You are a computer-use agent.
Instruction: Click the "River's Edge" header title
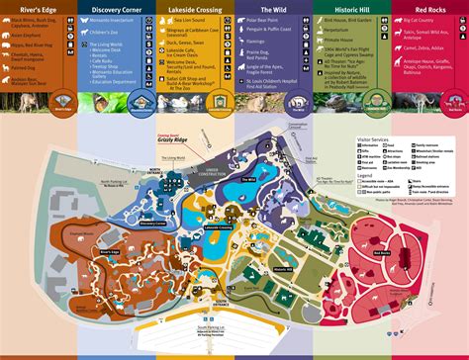pos(32,10)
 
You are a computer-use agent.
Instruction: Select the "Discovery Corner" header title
pos(118,10)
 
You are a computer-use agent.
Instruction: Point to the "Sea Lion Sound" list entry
pos(190,19)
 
